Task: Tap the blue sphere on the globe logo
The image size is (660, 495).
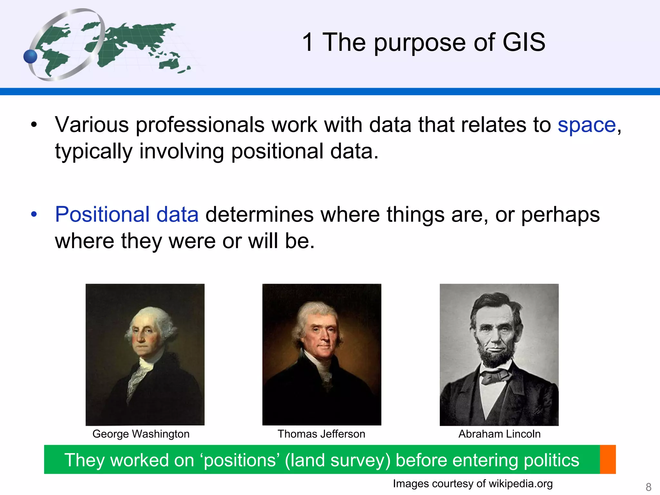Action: (31, 57)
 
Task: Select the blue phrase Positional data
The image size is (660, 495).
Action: (127, 214)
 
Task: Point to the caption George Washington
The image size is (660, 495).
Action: (141, 434)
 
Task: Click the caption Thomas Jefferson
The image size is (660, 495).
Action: (321, 434)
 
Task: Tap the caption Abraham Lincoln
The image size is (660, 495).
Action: (499, 434)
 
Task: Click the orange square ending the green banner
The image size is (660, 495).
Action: (608, 459)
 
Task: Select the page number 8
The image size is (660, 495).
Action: (648, 487)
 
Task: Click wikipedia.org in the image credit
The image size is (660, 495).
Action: (520, 483)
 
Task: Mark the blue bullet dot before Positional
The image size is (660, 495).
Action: (34, 214)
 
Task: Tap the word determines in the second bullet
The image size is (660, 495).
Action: (259, 214)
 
